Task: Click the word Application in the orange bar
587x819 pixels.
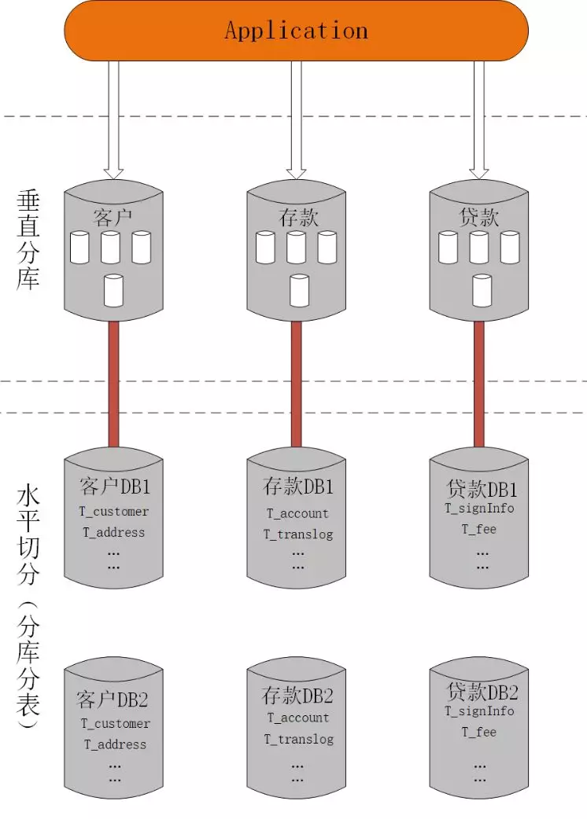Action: point(296,31)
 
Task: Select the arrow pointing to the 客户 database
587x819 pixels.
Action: point(114,118)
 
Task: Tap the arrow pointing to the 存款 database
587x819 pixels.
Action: point(297,118)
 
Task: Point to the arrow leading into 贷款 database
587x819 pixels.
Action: point(478,118)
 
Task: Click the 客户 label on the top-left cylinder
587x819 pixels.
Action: point(114,217)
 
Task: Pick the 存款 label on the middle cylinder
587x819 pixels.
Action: point(297,217)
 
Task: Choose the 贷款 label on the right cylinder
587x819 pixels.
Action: point(478,217)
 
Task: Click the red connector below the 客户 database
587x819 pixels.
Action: point(114,385)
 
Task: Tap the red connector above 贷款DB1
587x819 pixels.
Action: point(478,385)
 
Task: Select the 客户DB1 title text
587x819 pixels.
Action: point(115,486)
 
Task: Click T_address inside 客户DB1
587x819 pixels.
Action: point(114,532)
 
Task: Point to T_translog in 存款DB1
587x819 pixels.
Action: point(298,534)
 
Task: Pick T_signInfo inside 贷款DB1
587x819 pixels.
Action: point(479,509)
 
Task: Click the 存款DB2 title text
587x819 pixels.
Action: point(297,696)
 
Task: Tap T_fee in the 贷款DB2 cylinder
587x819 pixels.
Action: point(479,732)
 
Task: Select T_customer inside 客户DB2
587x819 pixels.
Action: point(115,724)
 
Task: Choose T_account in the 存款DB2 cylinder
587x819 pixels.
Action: point(298,718)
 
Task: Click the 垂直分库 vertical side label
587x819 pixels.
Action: point(28,241)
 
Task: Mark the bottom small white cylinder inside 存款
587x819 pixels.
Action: point(299,290)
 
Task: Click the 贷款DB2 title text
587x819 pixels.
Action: point(482,692)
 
